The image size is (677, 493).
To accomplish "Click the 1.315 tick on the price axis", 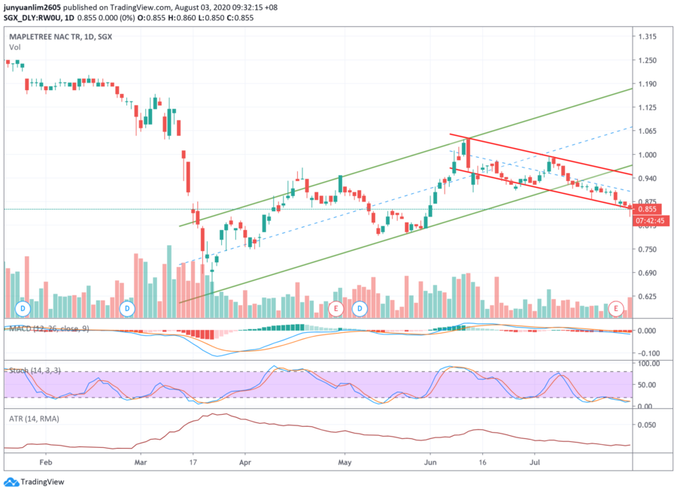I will point(648,37).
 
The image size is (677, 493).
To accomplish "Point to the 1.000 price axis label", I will point(648,155).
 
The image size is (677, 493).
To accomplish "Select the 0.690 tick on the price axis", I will point(648,274).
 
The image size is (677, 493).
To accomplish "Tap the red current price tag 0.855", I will point(648,209).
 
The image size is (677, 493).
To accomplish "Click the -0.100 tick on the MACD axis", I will point(648,353).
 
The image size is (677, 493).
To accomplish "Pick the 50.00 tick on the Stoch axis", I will point(648,385).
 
